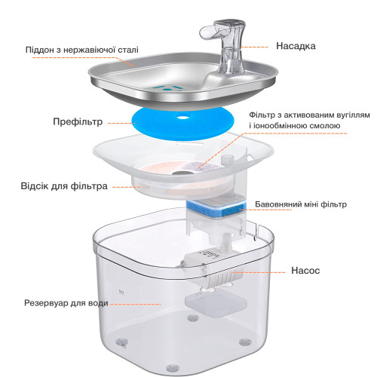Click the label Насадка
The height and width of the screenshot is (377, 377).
point(296,46)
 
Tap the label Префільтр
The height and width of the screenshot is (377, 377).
point(78,122)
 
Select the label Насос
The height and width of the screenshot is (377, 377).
point(305,271)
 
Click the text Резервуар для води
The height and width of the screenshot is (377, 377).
point(66,303)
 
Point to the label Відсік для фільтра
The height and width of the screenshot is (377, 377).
point(64,186)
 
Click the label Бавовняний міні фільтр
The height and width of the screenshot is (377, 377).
point(301,204)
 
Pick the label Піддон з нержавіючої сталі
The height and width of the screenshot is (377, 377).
point(82,50)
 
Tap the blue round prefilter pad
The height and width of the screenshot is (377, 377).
point(183,123)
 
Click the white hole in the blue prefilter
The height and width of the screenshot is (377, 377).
point(183,117)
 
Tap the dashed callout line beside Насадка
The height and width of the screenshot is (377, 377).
point(254,47)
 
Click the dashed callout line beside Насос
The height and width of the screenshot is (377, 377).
point(259,272)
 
